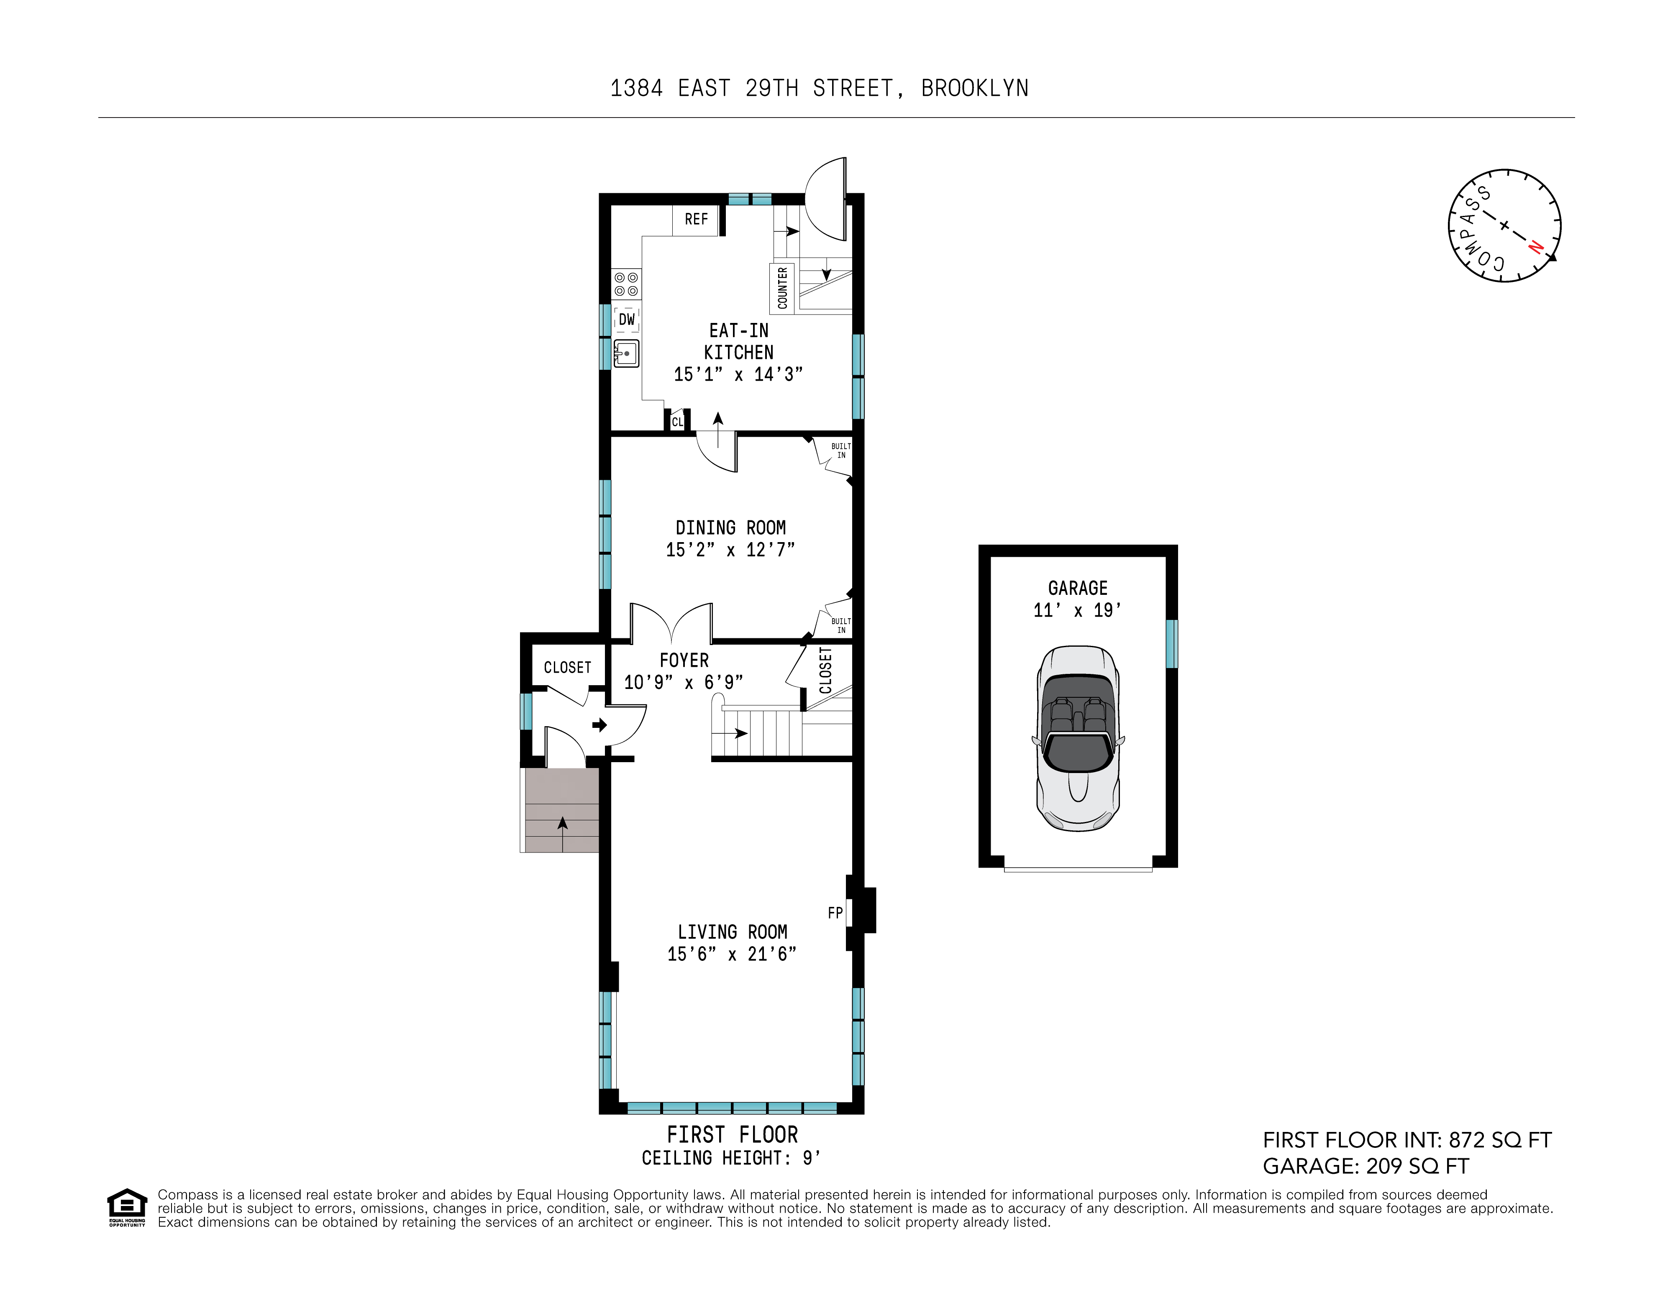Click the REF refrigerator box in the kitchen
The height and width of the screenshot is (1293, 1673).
(x=696, y=220)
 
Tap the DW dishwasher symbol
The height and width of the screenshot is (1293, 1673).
(x=627, y=320)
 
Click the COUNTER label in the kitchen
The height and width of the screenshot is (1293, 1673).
(x=782, y=288)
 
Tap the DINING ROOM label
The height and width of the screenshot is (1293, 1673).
(x=730, y=528)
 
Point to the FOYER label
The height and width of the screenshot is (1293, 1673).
(x=684, y=660)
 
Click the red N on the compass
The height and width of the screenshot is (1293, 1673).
(x=1535, y=247)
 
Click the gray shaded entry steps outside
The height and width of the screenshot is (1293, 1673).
(x=560, y=810)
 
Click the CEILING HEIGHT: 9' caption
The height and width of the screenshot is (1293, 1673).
(x=731, y=1158)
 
